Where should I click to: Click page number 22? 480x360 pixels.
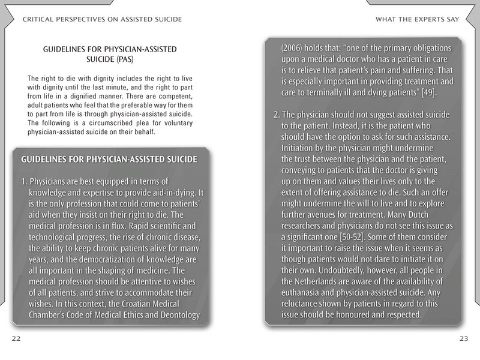pos(16,338)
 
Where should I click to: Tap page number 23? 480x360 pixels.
pos(463,338)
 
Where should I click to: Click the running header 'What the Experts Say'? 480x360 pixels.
pos(417,19)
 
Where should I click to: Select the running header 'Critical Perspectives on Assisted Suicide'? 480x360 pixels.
pos(101,19)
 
